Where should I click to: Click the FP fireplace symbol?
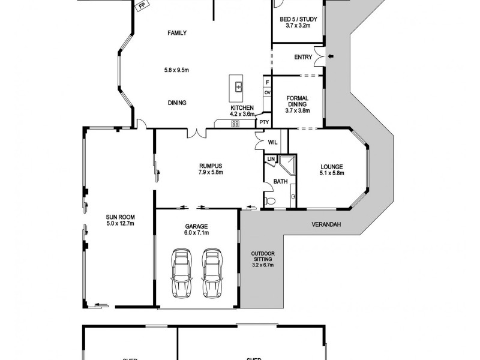pos(142,6)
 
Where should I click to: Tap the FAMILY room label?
pos(176,33)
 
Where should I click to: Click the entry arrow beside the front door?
pos(329,57)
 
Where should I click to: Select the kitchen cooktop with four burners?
pos(235,124)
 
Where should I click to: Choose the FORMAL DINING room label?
pos(298,101)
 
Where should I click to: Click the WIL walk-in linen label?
pos(272,142)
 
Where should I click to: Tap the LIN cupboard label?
pos(271,159)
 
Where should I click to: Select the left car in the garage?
pos(181,273)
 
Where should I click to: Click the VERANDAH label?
pos(326,225)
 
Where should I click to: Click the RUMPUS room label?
pos(211,166)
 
